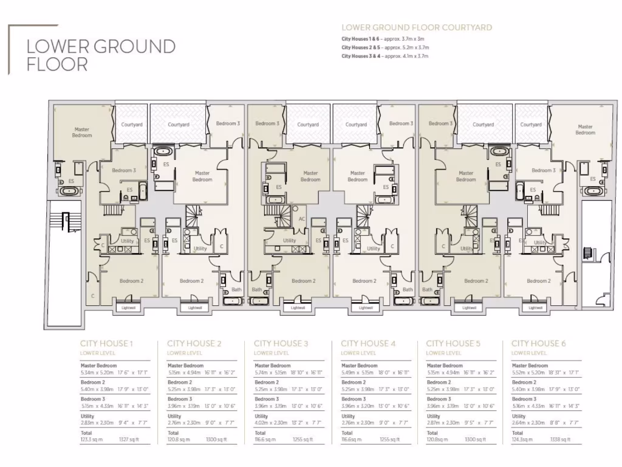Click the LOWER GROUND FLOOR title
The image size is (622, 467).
(101, 55)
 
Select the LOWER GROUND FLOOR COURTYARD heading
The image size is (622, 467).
(417, 27)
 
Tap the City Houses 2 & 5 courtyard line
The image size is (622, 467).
(385, 47)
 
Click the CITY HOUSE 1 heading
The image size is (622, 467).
(106, 344)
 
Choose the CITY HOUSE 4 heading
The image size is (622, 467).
(368, 344)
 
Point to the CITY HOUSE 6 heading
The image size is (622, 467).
(539, 344)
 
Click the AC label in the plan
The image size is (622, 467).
(302, 219)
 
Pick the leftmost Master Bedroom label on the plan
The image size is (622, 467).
(82, 132)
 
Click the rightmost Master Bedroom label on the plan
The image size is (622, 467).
(585, 130)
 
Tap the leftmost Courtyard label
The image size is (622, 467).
(131, 125)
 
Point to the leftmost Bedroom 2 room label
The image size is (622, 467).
(131, 281)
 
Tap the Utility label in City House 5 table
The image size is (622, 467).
(433, 417)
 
